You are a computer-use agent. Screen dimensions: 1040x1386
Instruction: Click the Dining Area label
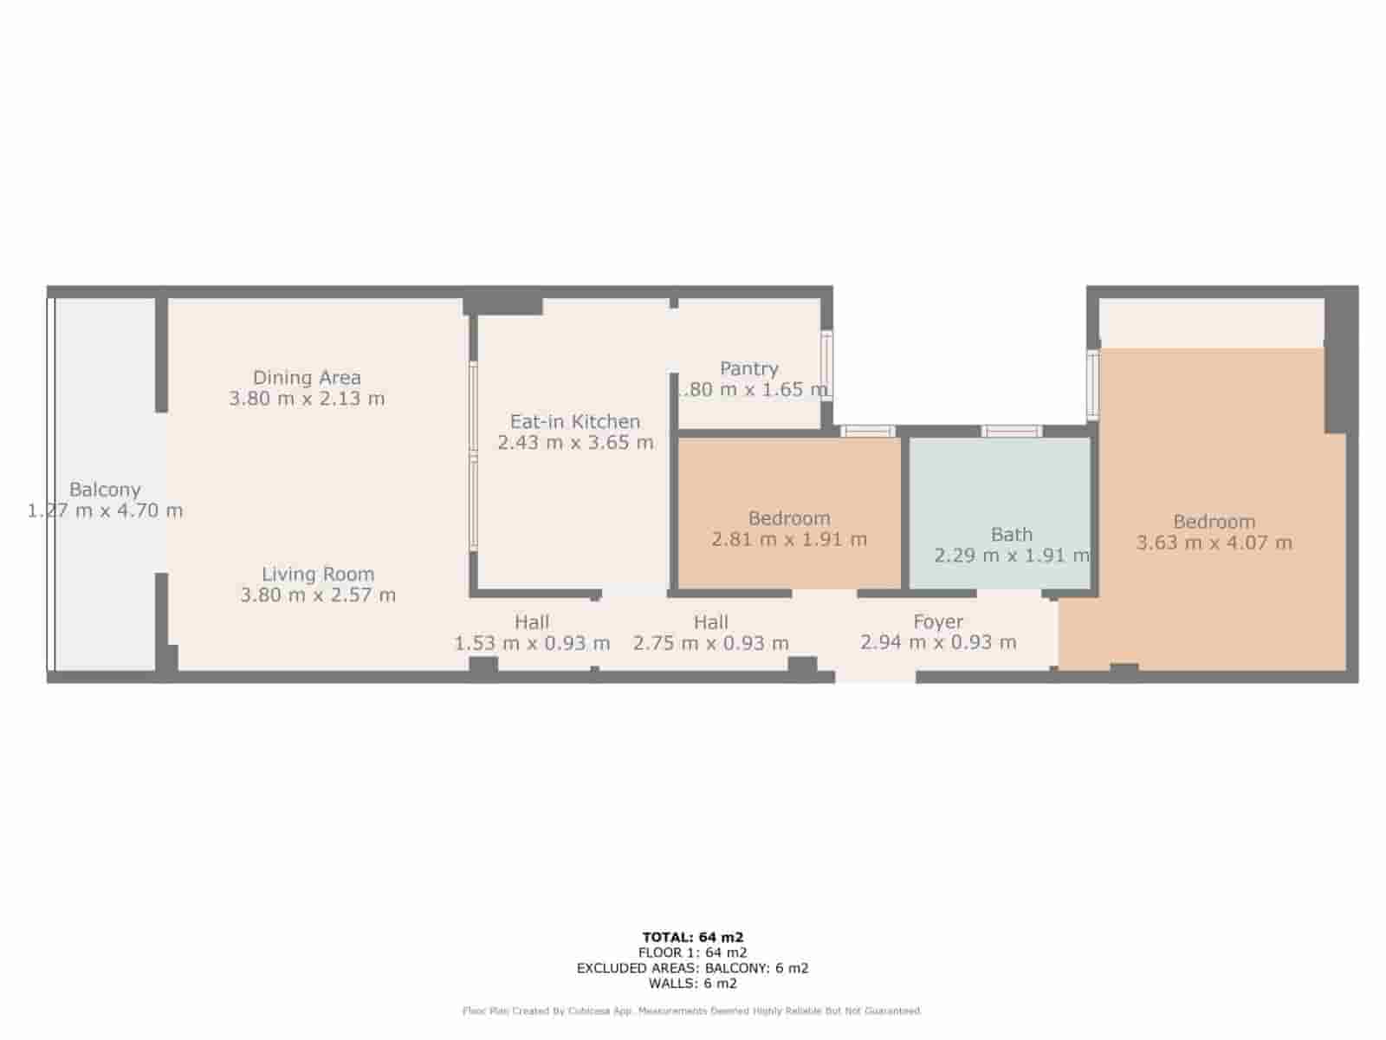307,378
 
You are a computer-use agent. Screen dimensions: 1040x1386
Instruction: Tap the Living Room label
318,574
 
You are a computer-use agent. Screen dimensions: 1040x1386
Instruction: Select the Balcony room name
105,490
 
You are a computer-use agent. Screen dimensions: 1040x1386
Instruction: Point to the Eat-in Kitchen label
575,422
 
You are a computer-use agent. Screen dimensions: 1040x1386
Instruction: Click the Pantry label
749,369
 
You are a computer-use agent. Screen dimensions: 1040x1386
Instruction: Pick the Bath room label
1012,535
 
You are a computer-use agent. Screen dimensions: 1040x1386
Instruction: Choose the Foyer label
938,621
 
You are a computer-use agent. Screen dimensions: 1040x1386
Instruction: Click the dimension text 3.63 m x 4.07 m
1214,543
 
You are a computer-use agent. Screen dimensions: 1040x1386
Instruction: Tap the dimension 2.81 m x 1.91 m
789,539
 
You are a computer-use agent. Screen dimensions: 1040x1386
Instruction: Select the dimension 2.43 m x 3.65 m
575,443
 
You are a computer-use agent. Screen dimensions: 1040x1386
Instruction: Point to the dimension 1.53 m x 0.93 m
532,643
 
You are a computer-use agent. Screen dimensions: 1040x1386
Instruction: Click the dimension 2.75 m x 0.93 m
710,643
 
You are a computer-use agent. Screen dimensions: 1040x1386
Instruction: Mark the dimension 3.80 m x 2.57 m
318,595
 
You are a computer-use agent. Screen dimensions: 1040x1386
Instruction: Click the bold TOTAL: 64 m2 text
693,937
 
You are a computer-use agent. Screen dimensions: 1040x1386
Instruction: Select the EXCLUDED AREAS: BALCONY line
693,968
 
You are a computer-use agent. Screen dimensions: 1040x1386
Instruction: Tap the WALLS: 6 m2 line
693,984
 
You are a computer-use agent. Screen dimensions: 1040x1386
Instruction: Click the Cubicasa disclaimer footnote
693,1011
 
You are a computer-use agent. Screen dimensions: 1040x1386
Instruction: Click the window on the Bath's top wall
1011,432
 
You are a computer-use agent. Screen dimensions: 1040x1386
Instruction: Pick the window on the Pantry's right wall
827,364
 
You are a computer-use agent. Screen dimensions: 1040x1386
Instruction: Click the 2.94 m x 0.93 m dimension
938,643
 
